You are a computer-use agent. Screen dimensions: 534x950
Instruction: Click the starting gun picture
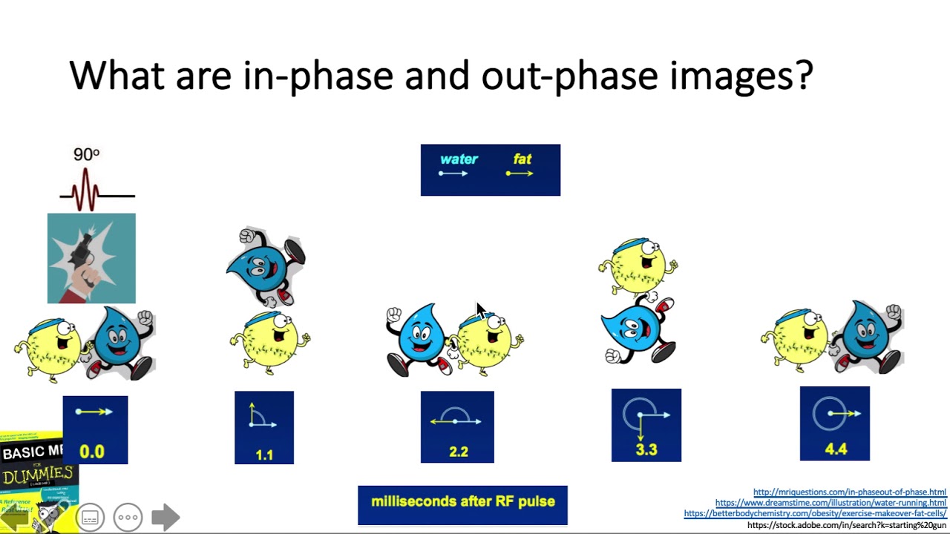pyautogui.click(x=91, y=258)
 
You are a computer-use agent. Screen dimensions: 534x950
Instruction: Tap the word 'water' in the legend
pyautogui.click(x=459, y=159)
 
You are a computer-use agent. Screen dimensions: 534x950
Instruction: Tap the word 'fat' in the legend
pyautogui.click(x=522, y=159)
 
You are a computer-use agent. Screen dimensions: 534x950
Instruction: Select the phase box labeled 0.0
pyautogui.click(x=95, y=430)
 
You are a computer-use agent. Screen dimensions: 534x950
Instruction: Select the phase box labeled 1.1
pyautogui.click(x=264, y=428)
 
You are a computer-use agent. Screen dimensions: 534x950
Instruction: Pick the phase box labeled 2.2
pyautogui.click(x=457, y=427)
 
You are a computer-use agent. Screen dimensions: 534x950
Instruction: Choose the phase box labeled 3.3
pyautogui.click(x=646, y=425)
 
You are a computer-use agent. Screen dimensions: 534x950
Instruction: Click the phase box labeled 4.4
pyautogui.click(x=834, y=423)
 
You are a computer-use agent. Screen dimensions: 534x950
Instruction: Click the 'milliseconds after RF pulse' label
pyautogui.click(x=462, y=502)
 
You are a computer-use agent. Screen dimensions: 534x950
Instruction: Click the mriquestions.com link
pyautogui.click(x=849, y=492)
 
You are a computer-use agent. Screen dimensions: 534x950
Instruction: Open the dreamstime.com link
pyautogui.click(x=831, y=503)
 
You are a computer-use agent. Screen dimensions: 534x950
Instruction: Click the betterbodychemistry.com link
pyautogui.click(x=815, y=513)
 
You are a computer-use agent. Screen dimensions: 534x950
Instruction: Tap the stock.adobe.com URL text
pyautogui.click(x=846, y=525)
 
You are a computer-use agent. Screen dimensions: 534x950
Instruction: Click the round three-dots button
pyautogui.click(x=128, y=517)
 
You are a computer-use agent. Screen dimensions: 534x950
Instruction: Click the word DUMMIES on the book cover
pyautogui.click(x=39, y=475)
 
